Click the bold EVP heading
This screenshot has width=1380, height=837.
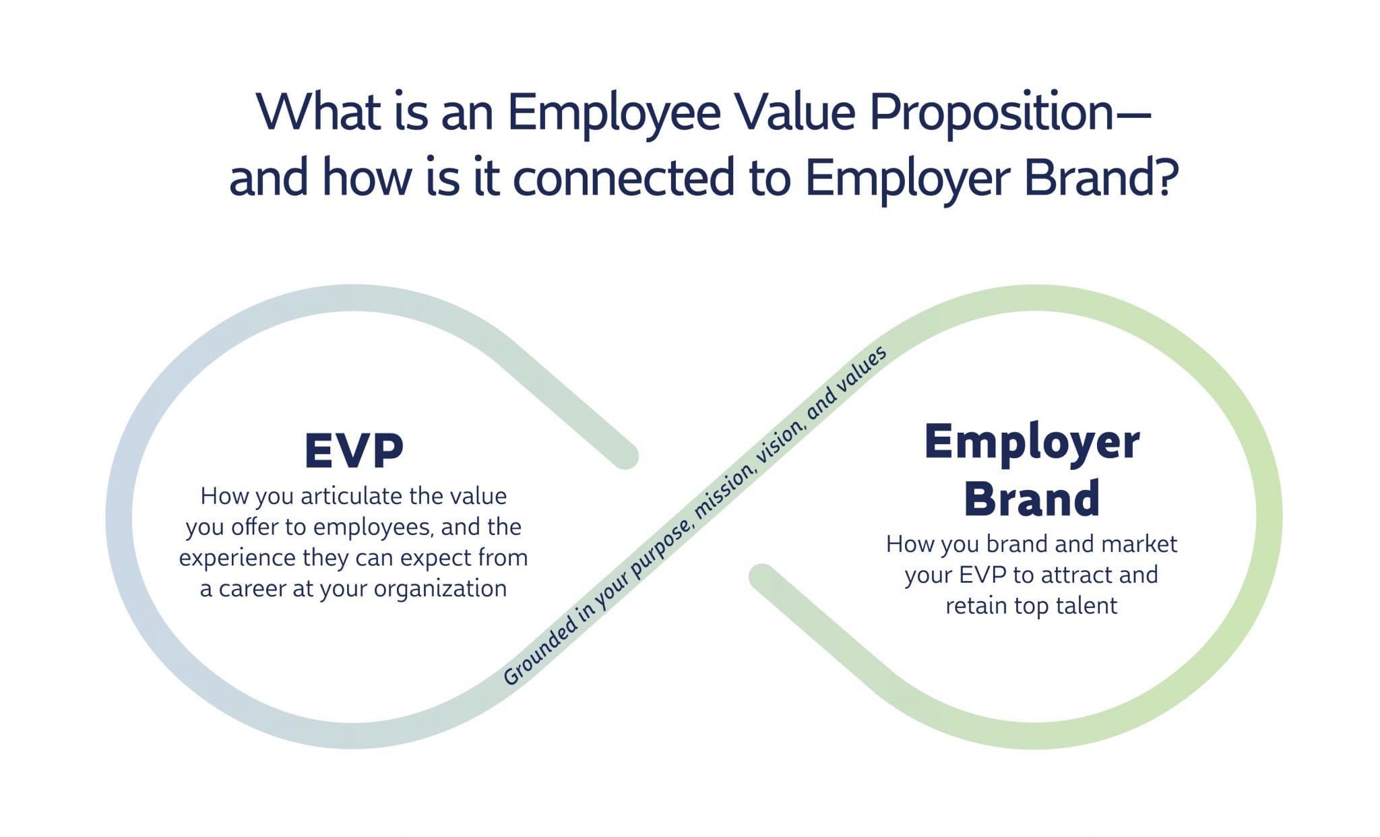click(x=354, y=450)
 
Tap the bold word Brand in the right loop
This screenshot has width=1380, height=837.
click(x=1032, y=499)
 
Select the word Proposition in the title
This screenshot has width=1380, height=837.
click(x=991, y=113)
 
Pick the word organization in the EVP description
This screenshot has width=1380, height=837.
click(x=440, y=590)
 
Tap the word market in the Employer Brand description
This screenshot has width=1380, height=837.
click(x=1139, y=544)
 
